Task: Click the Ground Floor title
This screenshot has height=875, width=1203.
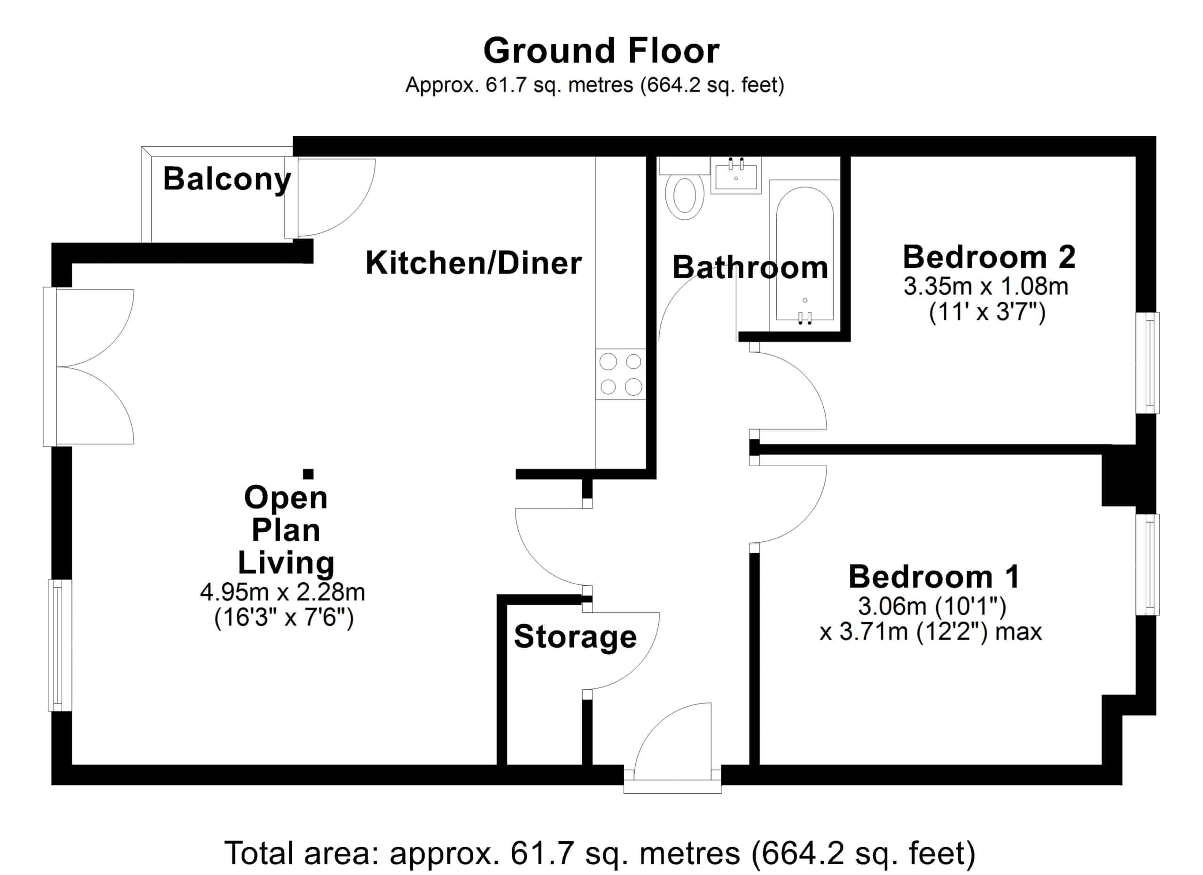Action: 601,51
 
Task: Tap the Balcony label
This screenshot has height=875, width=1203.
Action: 227,179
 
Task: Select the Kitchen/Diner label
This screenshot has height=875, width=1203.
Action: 474,263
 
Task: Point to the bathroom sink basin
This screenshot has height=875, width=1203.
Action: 736,175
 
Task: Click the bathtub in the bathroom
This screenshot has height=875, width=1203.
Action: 805,255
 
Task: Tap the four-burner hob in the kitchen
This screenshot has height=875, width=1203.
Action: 621,375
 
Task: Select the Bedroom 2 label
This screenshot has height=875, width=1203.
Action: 989,257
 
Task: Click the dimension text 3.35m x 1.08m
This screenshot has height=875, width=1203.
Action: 986,287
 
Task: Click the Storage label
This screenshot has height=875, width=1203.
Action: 576,637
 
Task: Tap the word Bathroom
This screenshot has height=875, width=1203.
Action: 750,268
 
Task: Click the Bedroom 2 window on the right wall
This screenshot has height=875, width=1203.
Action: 1147,363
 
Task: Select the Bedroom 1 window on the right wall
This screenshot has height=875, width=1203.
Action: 1147,565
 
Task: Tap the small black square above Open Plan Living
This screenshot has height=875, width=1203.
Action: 308,474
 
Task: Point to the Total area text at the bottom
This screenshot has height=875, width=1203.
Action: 600,853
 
